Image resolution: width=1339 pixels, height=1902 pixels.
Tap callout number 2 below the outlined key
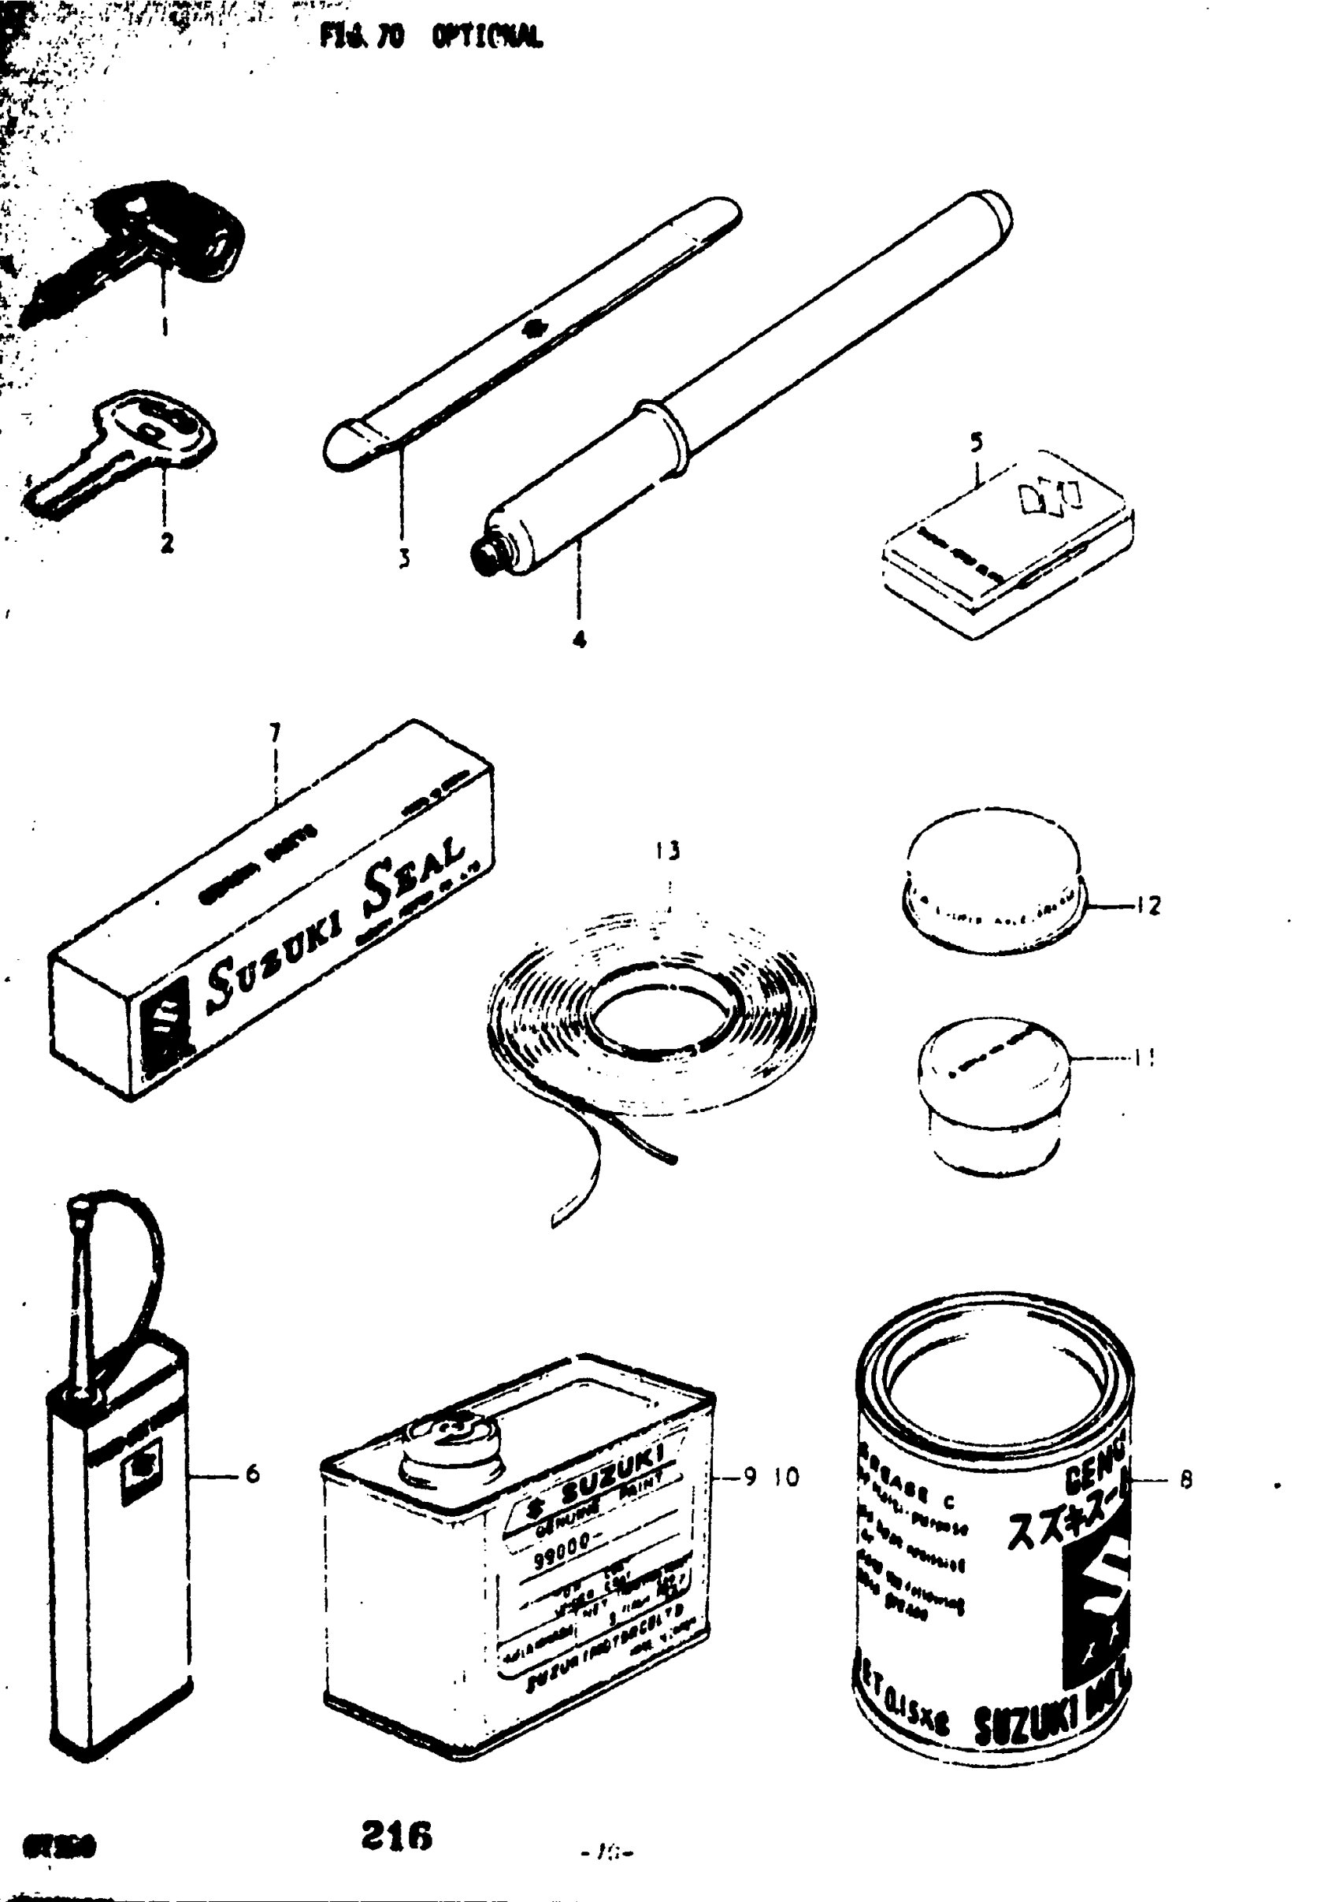[x=166, y=543]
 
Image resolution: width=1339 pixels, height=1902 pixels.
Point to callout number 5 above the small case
[x=977, y=443]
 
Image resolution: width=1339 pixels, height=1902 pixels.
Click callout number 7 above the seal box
[x=275, y=732]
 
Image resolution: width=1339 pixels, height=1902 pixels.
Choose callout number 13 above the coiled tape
[x=668, y=851]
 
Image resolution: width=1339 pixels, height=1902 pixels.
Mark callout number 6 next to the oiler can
[x=252, y=1474]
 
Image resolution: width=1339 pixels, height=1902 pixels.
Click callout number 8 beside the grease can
[x=1185, y=1480]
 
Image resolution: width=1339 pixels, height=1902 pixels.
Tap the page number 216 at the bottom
[x=397, y=1836]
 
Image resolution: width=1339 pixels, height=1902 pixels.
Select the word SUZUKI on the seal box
[x=273, y=968]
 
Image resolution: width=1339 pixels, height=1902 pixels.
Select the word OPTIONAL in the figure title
[x=488, y=36]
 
